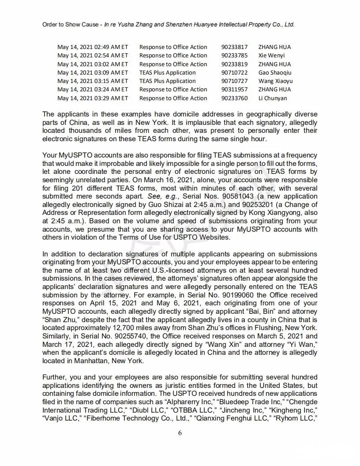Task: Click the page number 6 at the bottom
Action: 180,433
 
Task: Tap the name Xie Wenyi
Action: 271,56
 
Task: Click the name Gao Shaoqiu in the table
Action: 275,73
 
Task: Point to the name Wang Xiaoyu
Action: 275,81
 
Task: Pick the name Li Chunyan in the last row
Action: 272,98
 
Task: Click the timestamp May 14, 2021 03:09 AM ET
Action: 93,73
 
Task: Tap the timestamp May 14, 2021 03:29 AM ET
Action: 93,98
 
